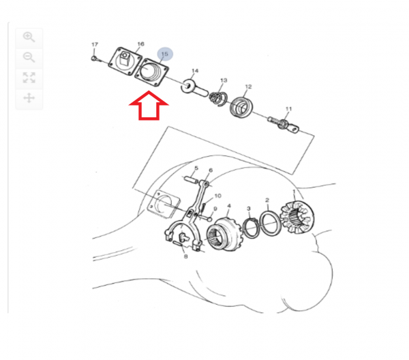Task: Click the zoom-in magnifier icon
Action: (29, 37)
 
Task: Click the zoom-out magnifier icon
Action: (29, 57)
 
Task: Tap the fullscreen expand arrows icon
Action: (29, 78)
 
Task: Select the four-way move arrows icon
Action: (29, 98)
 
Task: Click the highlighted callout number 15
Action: (165, 55)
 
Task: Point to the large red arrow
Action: (149, 106)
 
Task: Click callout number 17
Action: (95, 44)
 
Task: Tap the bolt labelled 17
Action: (96, 59)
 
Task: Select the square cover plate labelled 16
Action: (125, 63)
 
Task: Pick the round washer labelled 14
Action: (188, 86)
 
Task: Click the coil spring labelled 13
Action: (218, 99)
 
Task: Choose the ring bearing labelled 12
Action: (241, 107)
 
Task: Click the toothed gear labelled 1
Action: (297, 217)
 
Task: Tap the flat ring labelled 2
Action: (270, 224)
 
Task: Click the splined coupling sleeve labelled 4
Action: (225, 233)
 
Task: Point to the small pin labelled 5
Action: (192, 180)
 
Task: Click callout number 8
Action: (185, 256)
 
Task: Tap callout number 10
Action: (218, 196)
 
